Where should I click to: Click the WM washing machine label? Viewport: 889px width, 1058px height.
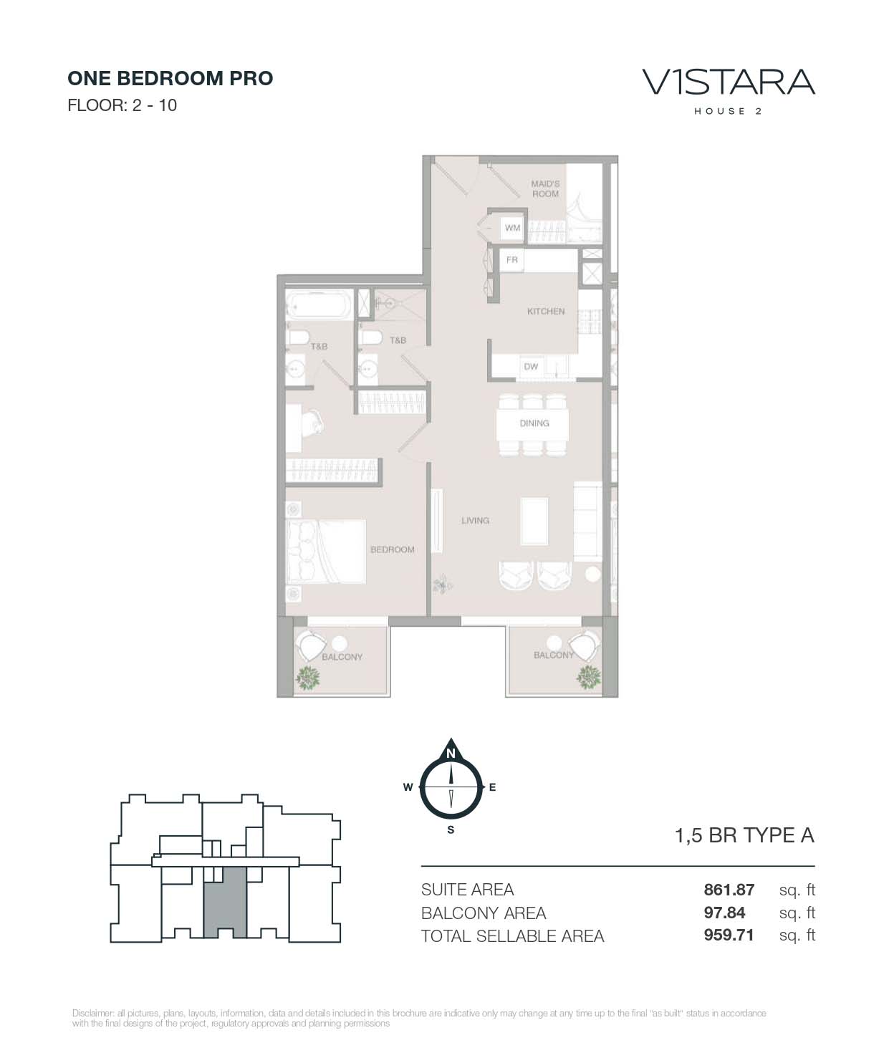click(512, 228)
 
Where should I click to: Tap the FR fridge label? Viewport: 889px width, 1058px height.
click(512, 260)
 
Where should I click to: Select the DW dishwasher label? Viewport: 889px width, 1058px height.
click(531, 366)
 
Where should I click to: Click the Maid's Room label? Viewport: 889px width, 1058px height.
click(545, 188)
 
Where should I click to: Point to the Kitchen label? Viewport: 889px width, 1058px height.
click(546, 311)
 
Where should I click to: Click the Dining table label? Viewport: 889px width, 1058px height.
click(534, 423)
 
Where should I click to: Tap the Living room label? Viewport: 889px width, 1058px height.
click(476, 520)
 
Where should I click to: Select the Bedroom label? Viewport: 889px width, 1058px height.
click(393, 549)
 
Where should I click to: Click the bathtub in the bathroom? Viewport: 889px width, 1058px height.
click(319, 304)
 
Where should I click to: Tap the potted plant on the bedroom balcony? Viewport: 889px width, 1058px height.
click(307, 678)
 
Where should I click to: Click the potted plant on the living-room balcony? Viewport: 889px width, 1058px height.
click(589, 677)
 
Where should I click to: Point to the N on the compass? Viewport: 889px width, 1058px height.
click(451, 754)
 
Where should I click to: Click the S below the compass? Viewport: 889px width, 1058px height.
click(451, 830)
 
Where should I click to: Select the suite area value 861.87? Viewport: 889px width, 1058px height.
click(729, 889)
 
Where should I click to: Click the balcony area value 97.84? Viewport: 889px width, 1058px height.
click(724, 913)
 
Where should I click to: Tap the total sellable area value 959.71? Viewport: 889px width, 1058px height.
click(729, 935)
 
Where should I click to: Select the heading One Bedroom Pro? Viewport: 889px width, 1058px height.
click(170, 78)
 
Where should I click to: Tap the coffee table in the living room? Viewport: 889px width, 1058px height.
click(534, 521)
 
